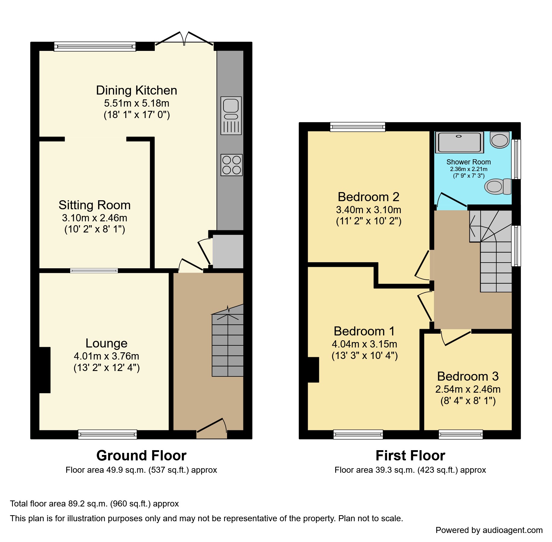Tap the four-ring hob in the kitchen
(231, 165)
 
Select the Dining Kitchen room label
(136, 90)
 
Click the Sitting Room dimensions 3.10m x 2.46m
(95, 218)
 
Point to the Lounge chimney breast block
(45, 370)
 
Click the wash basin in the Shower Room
(500, 140)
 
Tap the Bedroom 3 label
(468, 376)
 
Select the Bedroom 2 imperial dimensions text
(369, 221)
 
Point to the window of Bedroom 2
(357, 127)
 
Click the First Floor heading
(410, 456)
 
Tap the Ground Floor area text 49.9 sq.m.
(141, 470)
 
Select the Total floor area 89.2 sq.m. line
(94, 504)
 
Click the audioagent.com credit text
(489, 530)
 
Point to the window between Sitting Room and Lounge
(94, 271)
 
